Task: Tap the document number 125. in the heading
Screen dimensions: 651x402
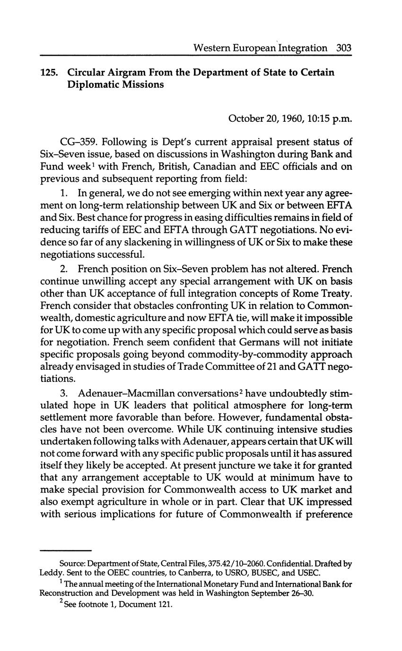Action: point(49,73)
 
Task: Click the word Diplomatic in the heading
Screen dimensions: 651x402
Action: point(91,85)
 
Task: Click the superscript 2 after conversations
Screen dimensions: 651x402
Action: point(239,390)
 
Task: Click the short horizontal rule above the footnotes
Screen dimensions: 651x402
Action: point(65,550)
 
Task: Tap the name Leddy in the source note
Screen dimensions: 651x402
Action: point(50,573)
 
